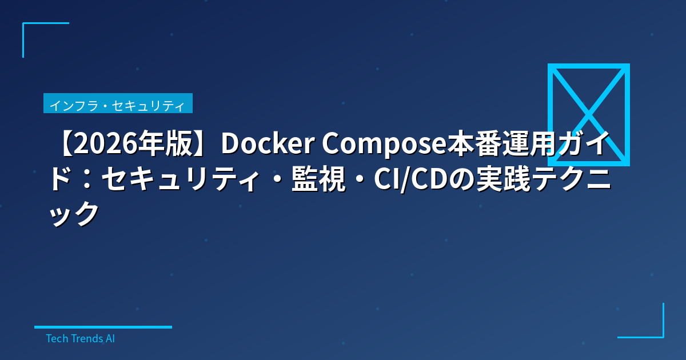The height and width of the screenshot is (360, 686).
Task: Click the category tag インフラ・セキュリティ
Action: (118, 105)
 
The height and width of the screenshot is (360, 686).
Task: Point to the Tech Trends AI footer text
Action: (80, 338)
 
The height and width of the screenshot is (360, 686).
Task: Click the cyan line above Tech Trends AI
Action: (103, 327)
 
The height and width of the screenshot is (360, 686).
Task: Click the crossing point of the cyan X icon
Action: (588, 114)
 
